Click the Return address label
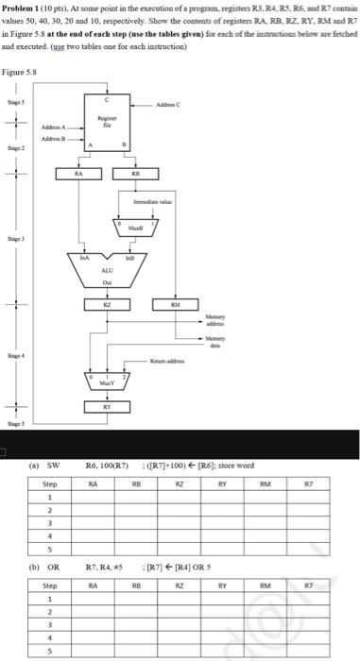(177, 360)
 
